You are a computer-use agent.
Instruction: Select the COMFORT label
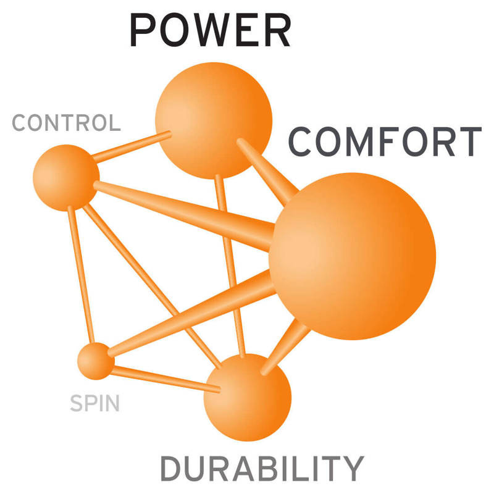pos(384,142)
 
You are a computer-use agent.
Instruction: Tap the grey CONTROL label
pos(66,123)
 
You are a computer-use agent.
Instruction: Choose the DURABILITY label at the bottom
pos(261,469)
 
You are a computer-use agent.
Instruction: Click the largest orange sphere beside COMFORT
pos(353,256)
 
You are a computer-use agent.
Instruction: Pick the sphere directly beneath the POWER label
pos(214,120)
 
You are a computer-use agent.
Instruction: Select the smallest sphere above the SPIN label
pos(96,361)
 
